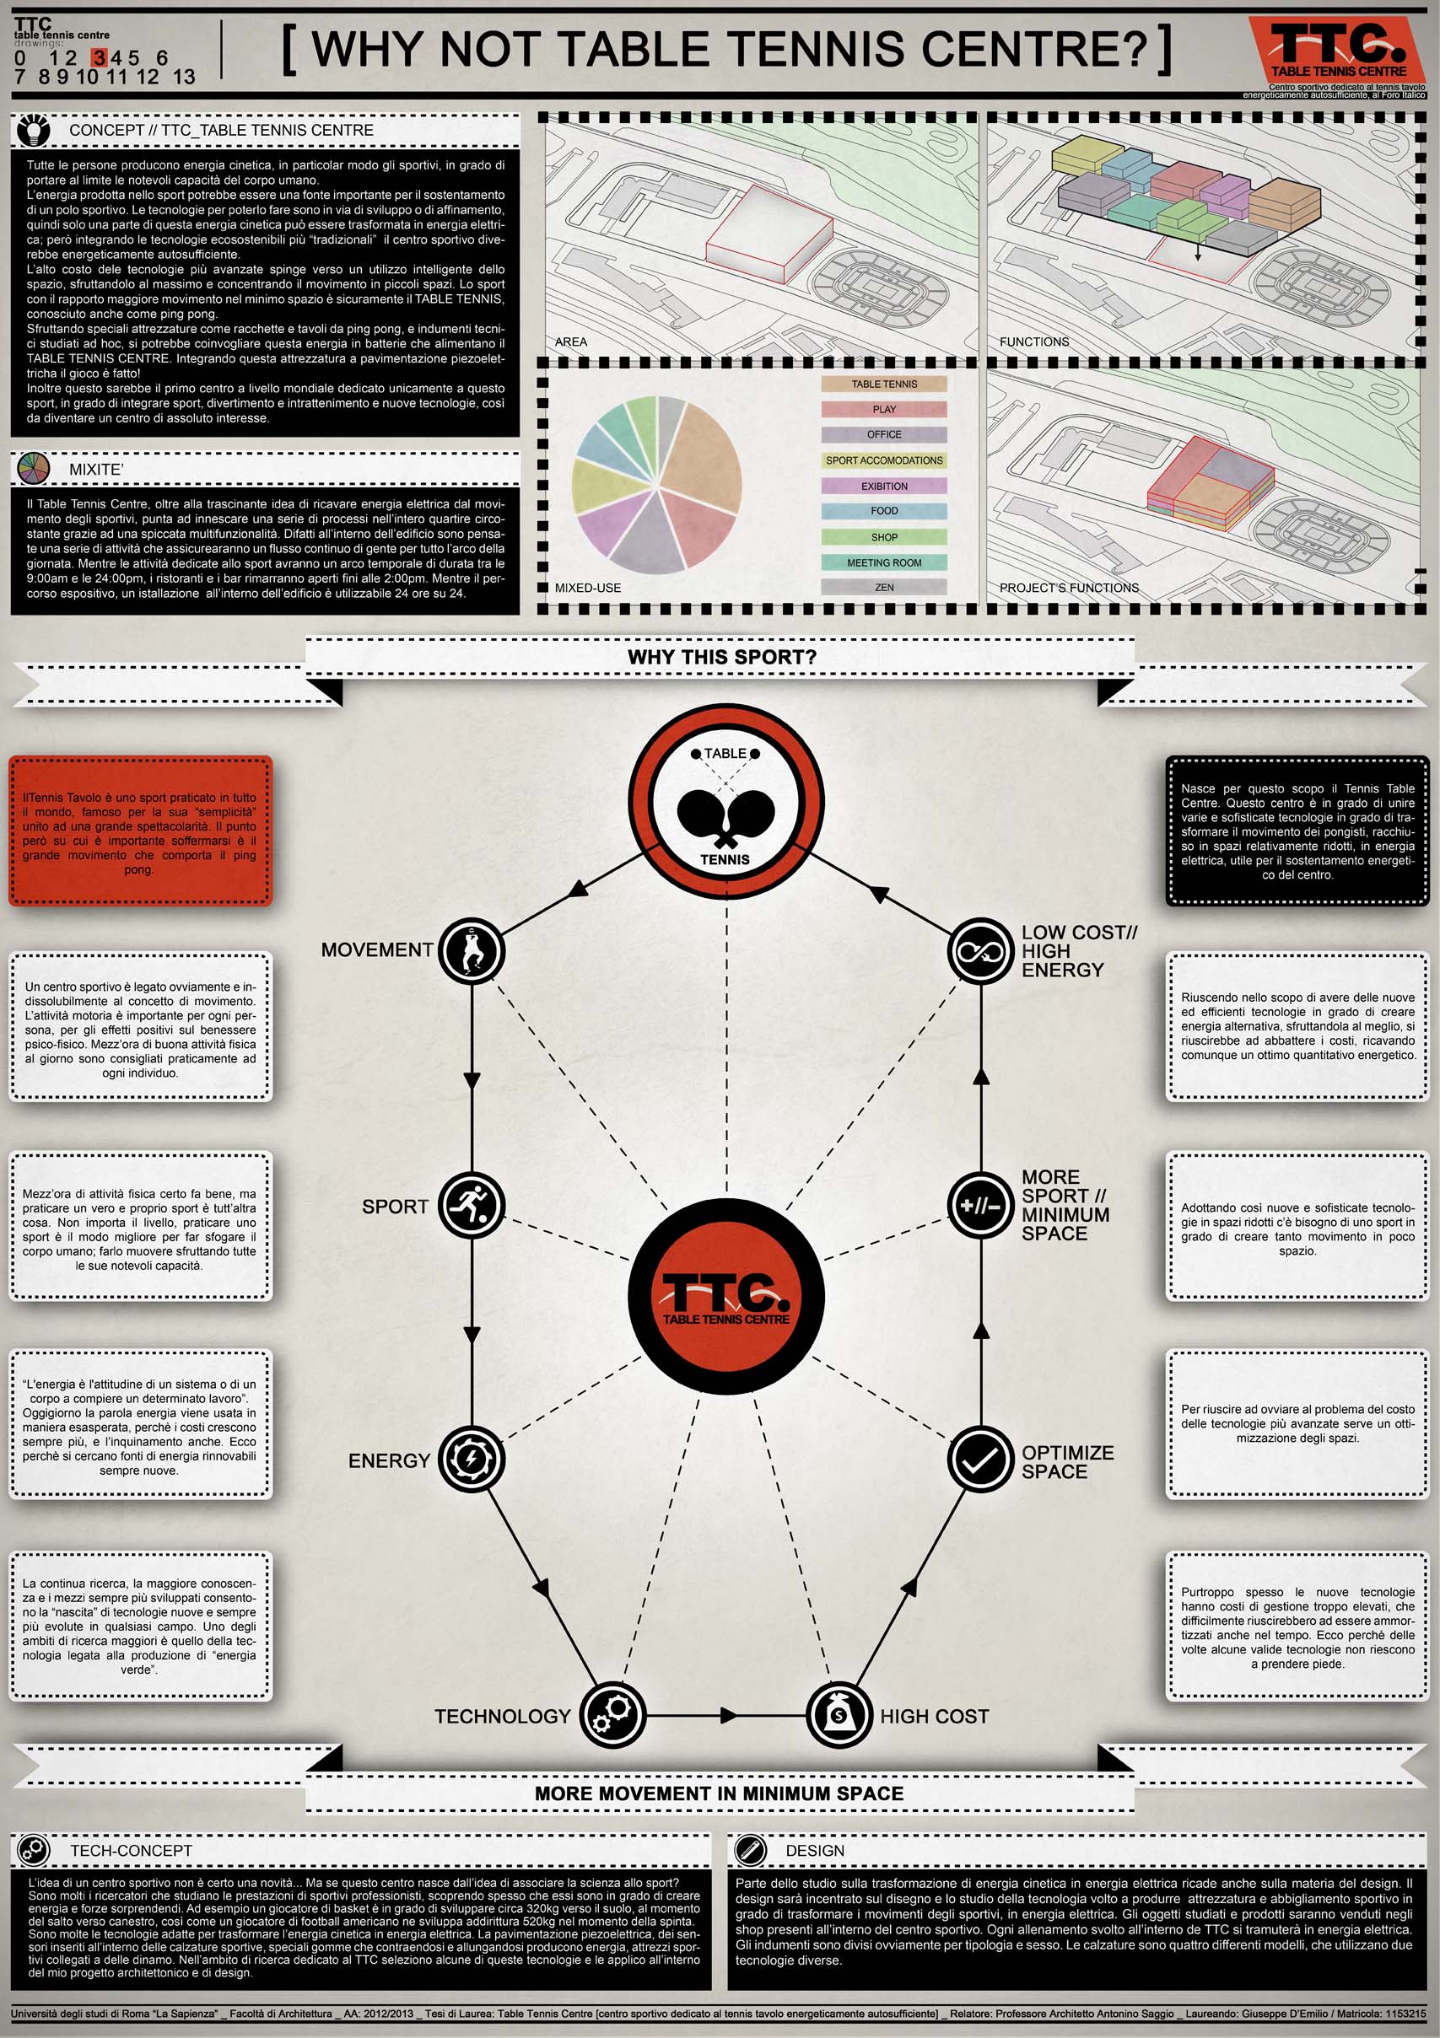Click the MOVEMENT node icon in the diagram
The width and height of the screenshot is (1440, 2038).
[472, 950]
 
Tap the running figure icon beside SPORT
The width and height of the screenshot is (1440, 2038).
[472, 1206]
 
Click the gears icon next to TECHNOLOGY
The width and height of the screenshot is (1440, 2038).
[612, 1715]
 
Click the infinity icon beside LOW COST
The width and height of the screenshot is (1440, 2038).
[980, 950]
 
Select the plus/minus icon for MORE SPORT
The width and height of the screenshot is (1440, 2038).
[980, 1206]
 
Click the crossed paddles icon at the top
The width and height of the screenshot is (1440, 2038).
[726, 806]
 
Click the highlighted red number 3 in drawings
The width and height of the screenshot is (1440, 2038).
[100, 57]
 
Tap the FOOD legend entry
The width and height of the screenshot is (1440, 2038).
[884, 511]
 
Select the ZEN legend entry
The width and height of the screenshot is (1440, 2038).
[884, 588]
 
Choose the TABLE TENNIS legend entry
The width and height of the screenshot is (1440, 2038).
[884, 384]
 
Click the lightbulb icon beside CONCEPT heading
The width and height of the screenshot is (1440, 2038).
[34, 130]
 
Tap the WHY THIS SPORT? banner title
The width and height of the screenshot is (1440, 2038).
[721, 657]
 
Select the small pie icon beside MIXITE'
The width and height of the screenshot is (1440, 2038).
[33, 469]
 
